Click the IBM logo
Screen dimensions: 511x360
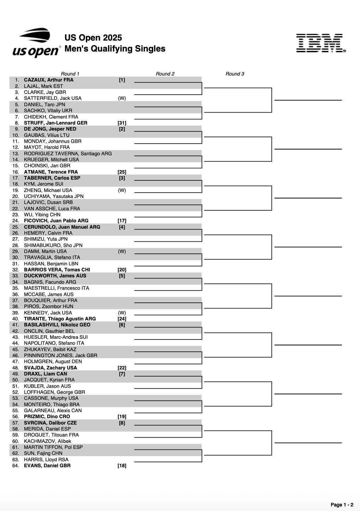point(320,43)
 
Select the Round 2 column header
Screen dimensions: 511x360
point(165,74)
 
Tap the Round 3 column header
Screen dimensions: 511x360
point(235,74)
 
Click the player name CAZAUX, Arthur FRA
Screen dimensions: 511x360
point(49,80)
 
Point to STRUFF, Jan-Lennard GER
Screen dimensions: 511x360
point(56,123)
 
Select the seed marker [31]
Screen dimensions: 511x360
point(122,123)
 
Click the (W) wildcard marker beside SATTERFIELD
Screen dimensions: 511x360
point(122,98)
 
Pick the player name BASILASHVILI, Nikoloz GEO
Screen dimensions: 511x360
point(57,325)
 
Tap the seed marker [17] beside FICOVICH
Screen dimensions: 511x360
point(122,221)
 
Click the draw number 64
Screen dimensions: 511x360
point(16,465)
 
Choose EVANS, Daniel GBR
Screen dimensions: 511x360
point(47,465)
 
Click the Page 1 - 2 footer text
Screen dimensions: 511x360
point(342,505)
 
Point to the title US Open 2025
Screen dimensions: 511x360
point(93,38)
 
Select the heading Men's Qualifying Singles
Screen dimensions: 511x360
point(115,49)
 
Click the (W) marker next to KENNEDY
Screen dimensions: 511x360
point(122,313)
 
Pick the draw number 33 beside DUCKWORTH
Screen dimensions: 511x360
point(16,276)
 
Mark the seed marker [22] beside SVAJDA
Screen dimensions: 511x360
point(122,368)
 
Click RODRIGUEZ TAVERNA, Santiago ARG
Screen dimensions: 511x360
point(68,154)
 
